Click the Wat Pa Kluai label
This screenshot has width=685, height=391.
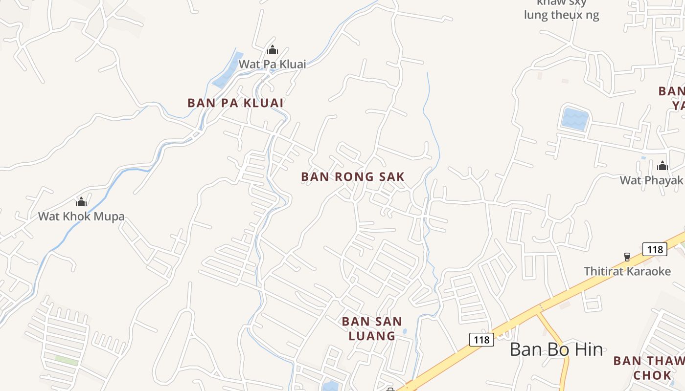[272, 64]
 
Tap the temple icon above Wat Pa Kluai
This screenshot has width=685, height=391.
[273, 50]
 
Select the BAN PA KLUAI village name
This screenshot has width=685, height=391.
[236, 103]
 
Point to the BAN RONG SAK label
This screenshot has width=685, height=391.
[353, 176]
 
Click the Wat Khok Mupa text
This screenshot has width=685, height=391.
[81, 216]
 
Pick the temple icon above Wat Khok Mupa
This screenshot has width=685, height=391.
[81, 202]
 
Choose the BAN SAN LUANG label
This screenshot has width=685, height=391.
[372, 328]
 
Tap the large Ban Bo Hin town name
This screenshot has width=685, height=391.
[556, 349]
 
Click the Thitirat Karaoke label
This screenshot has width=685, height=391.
[627, 271]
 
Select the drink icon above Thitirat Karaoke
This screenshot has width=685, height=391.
[627, 257]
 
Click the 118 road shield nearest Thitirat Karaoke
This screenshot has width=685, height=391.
[655, 249]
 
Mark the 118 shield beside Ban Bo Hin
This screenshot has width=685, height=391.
[481, 339]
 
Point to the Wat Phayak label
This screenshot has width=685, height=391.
[651, 180]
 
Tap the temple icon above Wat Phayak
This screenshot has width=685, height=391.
[662, 166]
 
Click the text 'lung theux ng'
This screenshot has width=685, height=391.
[561, 15]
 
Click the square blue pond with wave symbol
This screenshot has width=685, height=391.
[575, 119]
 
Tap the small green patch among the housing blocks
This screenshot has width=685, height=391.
[66, 360]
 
